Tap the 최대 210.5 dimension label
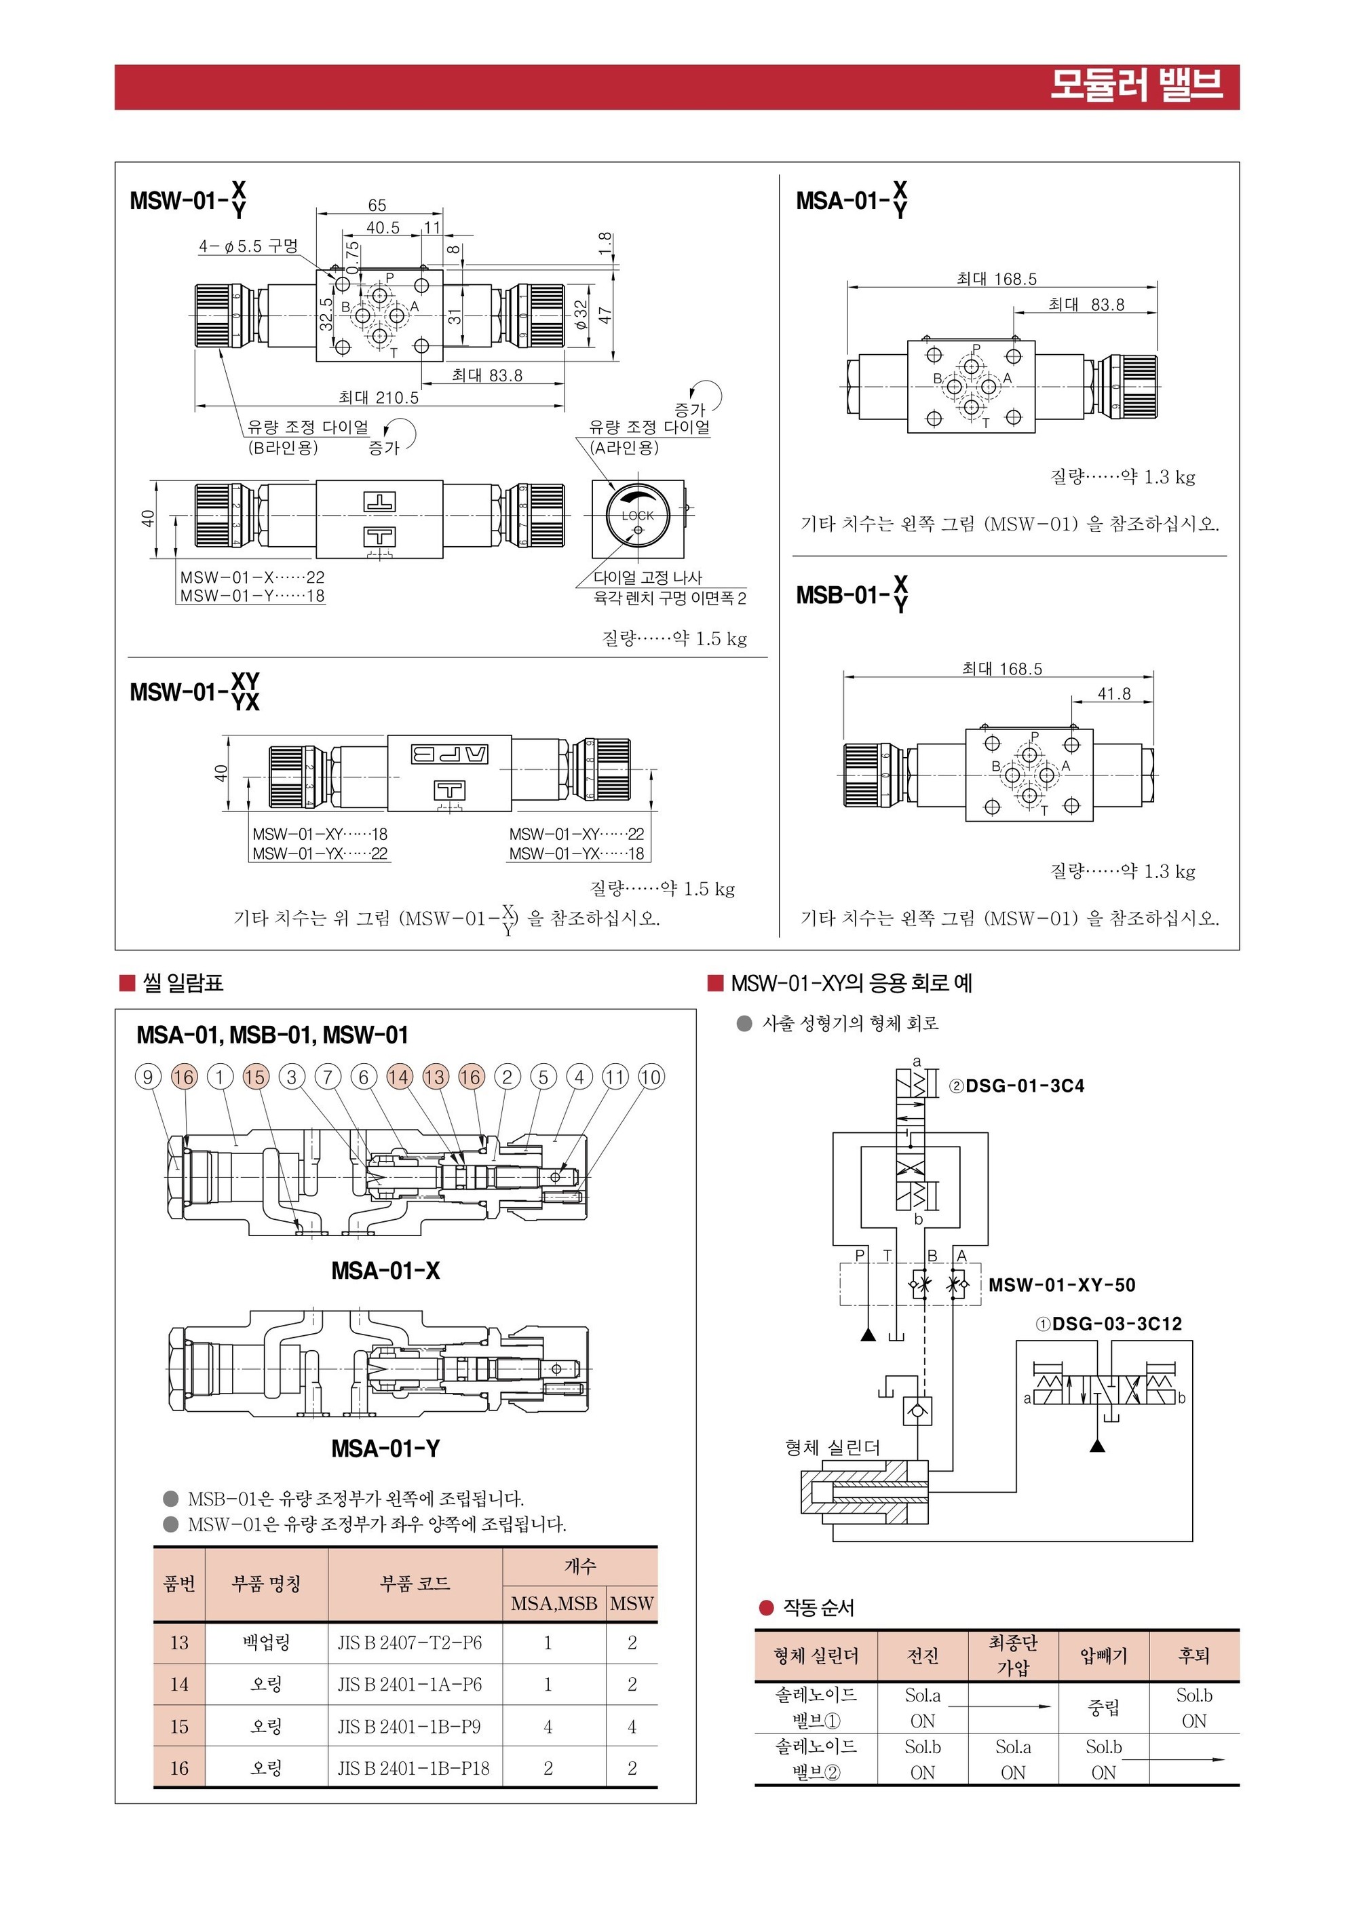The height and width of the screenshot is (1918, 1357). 379,398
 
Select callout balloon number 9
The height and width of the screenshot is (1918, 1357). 148,1077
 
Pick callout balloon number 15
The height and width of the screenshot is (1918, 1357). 256,1077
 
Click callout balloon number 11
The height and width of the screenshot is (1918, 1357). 615,1077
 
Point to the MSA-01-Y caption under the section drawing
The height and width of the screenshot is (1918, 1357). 385,1449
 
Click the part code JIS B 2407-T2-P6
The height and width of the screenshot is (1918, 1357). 409,1643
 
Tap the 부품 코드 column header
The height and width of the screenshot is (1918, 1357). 415,1583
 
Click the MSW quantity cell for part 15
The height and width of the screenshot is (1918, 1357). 632,1726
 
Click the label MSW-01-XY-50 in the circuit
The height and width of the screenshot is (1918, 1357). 1061,1285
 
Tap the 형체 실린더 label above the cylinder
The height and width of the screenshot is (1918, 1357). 833,1448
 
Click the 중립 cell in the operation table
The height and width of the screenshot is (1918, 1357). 1103,1708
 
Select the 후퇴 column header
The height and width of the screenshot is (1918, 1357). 1193,1655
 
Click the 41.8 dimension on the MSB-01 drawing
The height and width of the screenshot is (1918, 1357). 1114,693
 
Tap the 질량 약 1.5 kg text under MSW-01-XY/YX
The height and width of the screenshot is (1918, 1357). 662,888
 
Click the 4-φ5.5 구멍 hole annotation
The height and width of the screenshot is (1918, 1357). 248,246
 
